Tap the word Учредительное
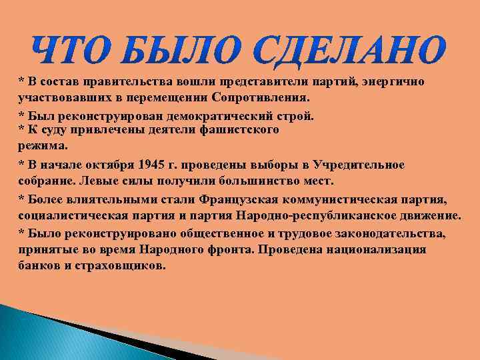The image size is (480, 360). click(363, 165)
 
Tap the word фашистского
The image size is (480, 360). click(239, 130)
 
